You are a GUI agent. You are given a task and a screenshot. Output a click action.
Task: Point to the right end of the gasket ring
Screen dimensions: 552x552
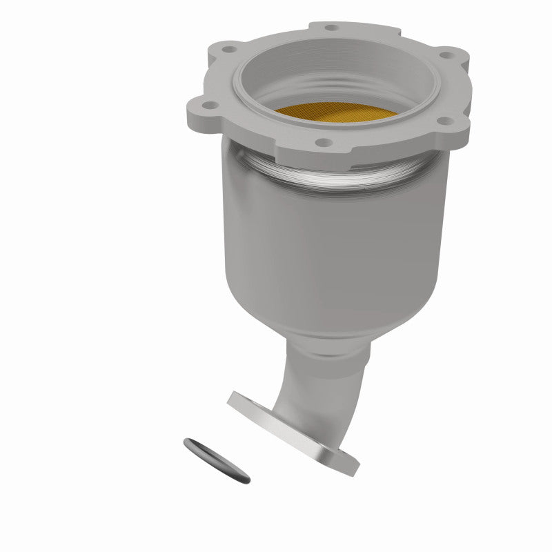tap(247, 476)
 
